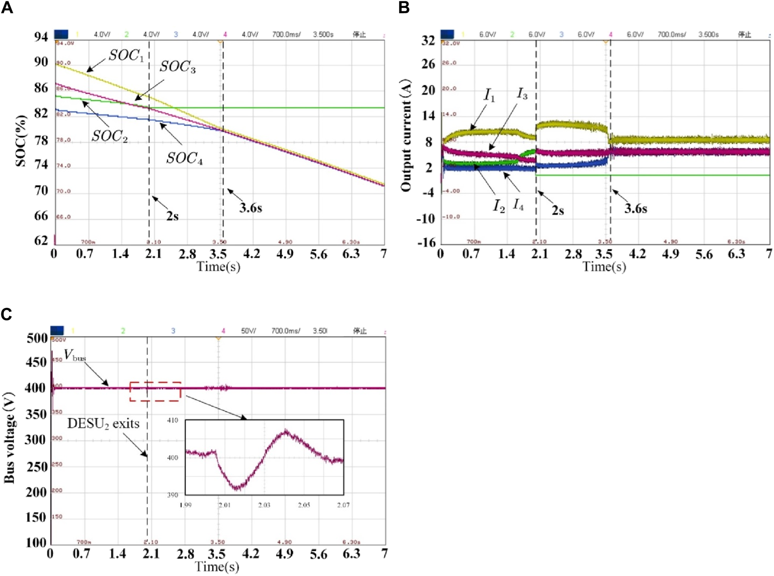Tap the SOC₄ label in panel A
pos(184,158)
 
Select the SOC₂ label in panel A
pos(109,137)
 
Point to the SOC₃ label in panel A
pos(177,67)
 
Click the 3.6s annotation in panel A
pos(250,208)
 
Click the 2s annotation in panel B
pos(557,210)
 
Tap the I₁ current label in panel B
pos(490,95)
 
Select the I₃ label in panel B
pos(522,93)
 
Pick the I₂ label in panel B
pos(499,206)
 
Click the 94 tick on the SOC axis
pos(41,37)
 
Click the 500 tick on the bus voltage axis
pos(37,338)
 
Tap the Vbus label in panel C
pos(75,355)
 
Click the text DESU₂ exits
pos(103,424)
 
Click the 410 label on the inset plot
pos(173,420)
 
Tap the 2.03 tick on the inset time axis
pos(264,505)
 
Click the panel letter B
pos(404,8)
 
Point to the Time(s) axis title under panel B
pos(604,266)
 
